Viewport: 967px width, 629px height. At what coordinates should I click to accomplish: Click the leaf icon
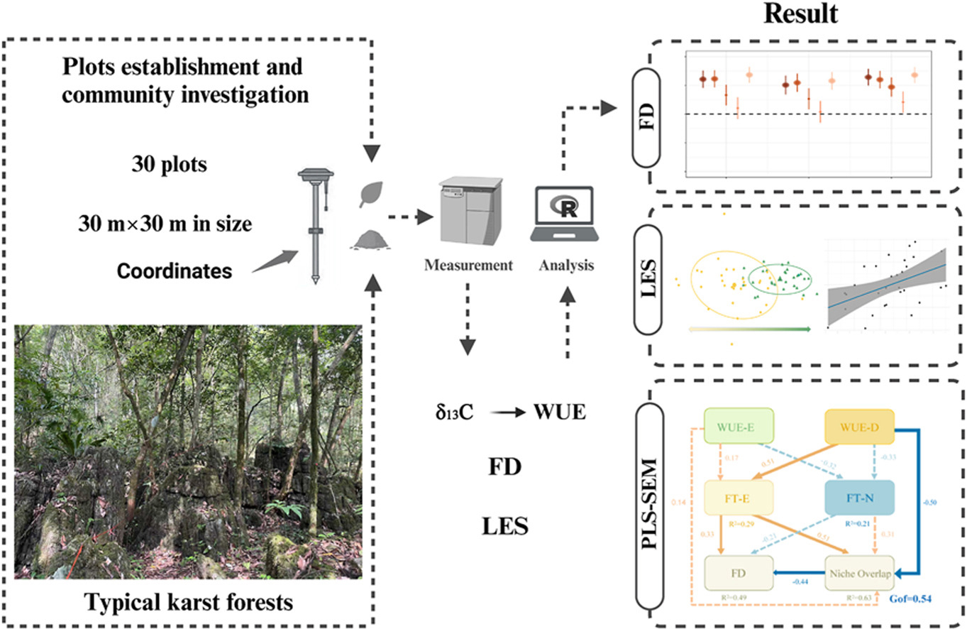tap(372, 193)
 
